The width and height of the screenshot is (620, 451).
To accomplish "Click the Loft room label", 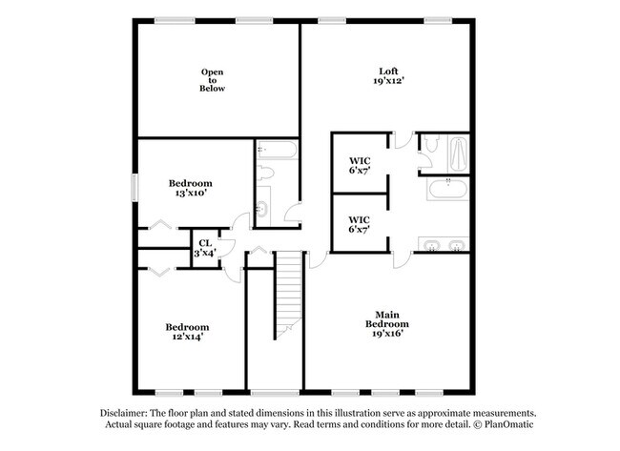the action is [x=388, y=72].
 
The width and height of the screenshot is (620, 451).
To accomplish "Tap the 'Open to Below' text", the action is [x=213, y=80].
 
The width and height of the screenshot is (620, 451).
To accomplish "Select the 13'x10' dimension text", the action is [x=191, y=193].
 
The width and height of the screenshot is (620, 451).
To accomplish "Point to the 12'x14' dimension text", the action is [x=187, y=337].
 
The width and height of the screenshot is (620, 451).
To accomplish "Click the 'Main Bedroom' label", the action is [x=387, y=319].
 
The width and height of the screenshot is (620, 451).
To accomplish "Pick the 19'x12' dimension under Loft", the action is [x=388, y=81].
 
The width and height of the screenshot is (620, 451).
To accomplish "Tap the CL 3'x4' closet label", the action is [x=205, y=248].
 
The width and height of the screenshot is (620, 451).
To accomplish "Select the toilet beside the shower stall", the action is [x=430, y=143].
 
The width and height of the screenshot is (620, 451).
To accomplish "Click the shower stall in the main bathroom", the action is [x=458, y=154].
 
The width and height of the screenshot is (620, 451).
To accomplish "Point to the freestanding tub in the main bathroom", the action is [x=448, y=189].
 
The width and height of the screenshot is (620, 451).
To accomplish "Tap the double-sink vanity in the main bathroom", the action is [x=444, y=244].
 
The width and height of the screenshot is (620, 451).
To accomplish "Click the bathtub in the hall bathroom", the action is [x=277, y=150].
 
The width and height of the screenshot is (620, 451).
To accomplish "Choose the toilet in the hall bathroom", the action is [x=265, y=174].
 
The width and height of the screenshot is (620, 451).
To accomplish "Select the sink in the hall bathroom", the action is [x=263, y=207].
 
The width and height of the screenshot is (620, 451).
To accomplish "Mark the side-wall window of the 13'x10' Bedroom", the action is [x=134, y=187].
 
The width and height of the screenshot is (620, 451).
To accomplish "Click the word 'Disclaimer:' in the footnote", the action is [x=124, y=414].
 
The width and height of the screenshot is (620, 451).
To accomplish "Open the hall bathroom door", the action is [x=293, y=212].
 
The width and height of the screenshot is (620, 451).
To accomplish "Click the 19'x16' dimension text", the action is [x=387, y=334].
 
